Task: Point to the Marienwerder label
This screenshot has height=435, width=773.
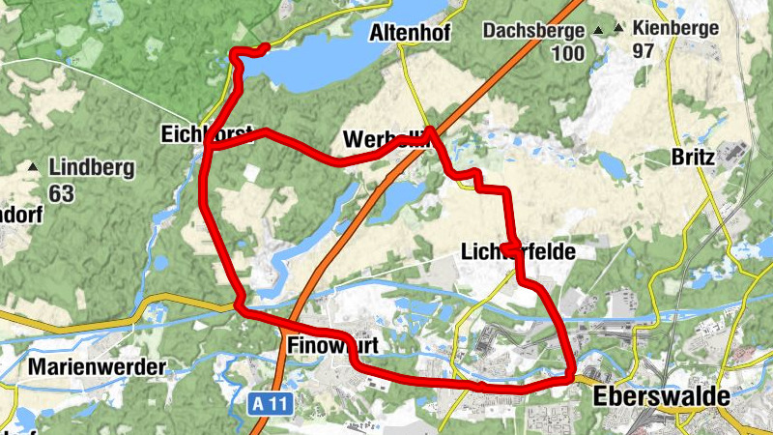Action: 97,367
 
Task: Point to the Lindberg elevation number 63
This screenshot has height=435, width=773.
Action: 61,193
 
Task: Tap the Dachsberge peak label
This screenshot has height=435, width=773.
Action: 533,29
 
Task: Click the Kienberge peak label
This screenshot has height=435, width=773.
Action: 676,27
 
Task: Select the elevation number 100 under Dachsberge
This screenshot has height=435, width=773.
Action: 567,53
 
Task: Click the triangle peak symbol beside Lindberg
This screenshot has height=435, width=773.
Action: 34,167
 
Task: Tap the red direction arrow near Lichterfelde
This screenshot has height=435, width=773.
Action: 509,248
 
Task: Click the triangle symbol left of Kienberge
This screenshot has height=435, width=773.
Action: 618,30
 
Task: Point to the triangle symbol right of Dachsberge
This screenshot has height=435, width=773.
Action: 599,30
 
